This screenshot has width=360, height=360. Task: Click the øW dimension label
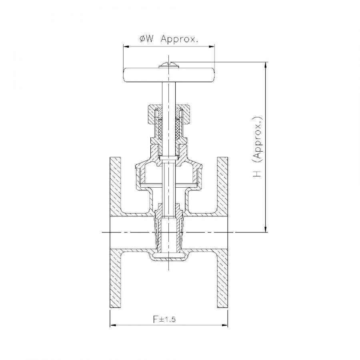pyautogui.click(x=146, y=39)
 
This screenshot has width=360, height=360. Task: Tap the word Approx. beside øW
pyautogui.click(x=179, y=39)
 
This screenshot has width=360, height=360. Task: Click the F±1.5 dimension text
pyautogui.click(x=164, y=319)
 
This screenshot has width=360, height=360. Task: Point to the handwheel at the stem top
pyautogui.click(x=169, y=75)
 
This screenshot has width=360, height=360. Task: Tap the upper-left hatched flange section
pyautogui.click(x=116, y=187)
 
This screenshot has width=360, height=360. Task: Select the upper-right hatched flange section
pyautogui.click(x=222, y=187)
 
